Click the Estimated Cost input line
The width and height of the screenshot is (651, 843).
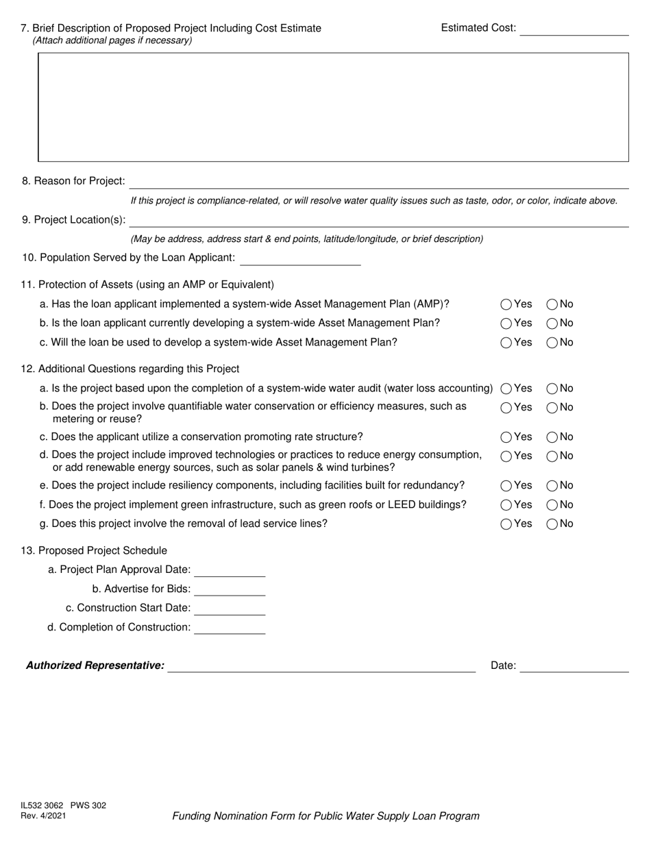coord(574,29)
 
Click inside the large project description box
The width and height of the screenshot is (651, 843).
coord(333,107)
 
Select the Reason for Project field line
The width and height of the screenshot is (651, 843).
coord(378,182)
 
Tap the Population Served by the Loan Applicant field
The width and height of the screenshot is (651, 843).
coord(300,259)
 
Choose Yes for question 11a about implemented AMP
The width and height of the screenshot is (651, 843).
coord(506,304)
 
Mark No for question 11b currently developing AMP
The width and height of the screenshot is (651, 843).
coord(552,323)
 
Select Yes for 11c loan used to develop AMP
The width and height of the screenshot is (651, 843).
coord(506,343)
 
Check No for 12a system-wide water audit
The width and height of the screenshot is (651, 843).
coord(552,389)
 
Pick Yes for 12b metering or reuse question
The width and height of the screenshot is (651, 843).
coord(506,408)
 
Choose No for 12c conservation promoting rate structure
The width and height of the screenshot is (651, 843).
coord(552,437)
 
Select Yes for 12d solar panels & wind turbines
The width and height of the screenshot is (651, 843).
coord(506,456)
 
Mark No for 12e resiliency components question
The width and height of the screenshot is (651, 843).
coord(552,486)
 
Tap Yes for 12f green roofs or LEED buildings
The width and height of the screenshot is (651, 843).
coord(506,505)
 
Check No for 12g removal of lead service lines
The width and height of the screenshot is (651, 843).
coord(552,524)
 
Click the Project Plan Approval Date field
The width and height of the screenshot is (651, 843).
coord(230,571)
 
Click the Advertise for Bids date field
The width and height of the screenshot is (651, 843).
coord(230,590)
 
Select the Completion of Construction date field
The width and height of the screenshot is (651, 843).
coord(230,628)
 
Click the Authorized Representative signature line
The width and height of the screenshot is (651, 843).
coord(321,667)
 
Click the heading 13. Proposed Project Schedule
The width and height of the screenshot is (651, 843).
coord(94,551)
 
